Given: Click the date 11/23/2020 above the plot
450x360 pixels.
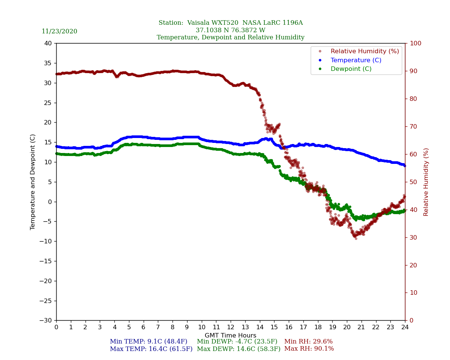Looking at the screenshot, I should point(59,31).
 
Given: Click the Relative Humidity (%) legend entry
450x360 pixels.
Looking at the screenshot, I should point(364,51).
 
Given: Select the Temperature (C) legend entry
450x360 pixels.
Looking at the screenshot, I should point(355,60).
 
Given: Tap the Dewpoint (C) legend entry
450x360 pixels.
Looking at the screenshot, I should point(351,69).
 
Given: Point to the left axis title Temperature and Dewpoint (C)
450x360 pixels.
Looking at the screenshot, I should point(33,182).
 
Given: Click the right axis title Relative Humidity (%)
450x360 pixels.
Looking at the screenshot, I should point(426,182).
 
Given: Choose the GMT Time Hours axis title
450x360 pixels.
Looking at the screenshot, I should point(230,336).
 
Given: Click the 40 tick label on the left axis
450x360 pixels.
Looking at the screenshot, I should point(48,43).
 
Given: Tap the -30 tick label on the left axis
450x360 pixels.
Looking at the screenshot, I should point(46,320).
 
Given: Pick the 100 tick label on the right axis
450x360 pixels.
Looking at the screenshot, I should point(415,43).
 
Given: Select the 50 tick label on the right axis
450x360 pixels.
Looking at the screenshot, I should point(414,182).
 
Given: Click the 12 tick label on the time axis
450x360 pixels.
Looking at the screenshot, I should point(230,327).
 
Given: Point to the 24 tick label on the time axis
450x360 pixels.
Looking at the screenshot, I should point(405,327).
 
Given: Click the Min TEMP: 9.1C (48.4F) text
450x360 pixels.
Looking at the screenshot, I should point(148,342).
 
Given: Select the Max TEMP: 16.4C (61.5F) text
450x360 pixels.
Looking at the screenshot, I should point(151,349).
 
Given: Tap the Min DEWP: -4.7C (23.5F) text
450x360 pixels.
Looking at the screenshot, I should point(237,342).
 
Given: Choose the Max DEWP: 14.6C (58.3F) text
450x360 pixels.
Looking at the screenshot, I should point(238,349).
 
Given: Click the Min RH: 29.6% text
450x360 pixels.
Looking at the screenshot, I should point(308,342).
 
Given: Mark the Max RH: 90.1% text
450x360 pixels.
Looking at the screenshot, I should point(309,349).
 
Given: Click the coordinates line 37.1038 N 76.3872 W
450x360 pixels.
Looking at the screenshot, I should point(230,30).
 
